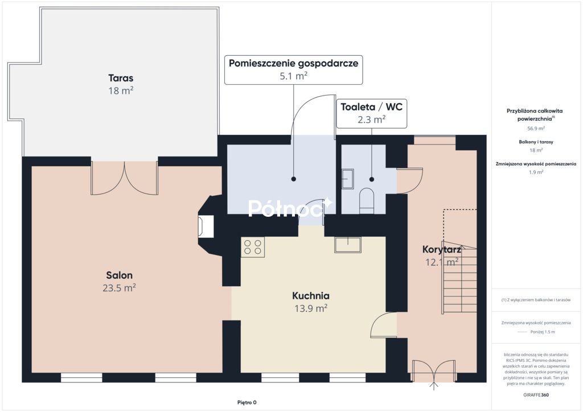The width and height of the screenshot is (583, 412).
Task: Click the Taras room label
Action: pos(121,78)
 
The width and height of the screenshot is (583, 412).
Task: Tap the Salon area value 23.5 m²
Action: pos(119,288)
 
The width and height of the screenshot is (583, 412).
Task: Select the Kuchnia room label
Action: pos(311,296)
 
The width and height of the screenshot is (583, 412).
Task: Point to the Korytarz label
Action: pos(442,249)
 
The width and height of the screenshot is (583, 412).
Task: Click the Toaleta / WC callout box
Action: pos(372,113)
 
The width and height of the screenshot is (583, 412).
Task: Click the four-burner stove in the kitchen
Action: pos(253,247)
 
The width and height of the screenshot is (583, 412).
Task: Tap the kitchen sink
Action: pos(348,245)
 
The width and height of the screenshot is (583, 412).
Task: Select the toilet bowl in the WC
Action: pos(367,201)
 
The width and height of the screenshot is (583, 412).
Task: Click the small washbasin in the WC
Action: pos(348,179)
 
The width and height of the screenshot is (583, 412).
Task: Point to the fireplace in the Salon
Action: pos(206,226)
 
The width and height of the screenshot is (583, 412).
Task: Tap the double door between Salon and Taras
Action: pos(125,178)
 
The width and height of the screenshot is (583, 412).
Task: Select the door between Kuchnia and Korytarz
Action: pos(384,325)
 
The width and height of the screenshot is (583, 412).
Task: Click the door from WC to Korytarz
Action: pos(410,181)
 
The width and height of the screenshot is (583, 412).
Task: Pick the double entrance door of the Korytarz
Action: pos(433,372)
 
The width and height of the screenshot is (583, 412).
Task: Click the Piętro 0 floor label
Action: pos(247,402)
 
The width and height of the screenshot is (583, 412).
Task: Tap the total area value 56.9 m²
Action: pos(536,129)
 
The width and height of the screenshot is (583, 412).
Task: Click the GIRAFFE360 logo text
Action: pos(536,395)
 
